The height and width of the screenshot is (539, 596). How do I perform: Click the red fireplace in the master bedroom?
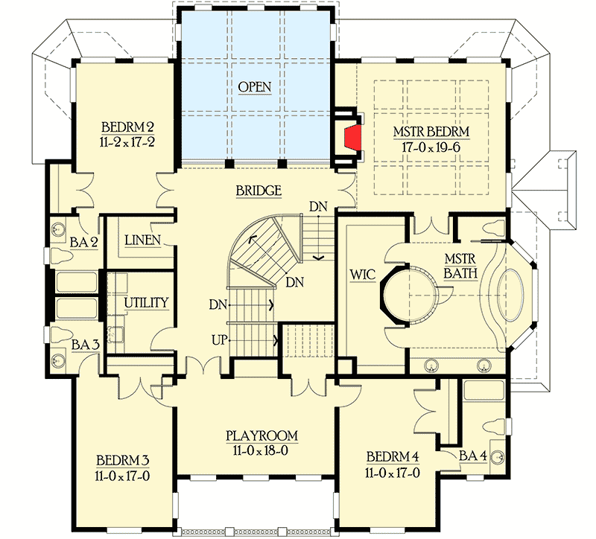[x=352, y=137]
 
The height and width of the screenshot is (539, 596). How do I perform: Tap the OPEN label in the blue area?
[x=255, y=87]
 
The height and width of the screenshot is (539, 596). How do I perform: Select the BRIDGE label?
[x=259, y=191]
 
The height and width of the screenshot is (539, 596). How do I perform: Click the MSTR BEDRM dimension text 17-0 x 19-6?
[x=432, y=147]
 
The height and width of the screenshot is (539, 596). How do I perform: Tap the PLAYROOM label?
[x=262, y=436]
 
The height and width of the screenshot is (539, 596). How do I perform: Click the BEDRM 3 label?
[x=123, y=459]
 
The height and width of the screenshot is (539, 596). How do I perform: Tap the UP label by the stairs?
[x=218, y=339]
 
